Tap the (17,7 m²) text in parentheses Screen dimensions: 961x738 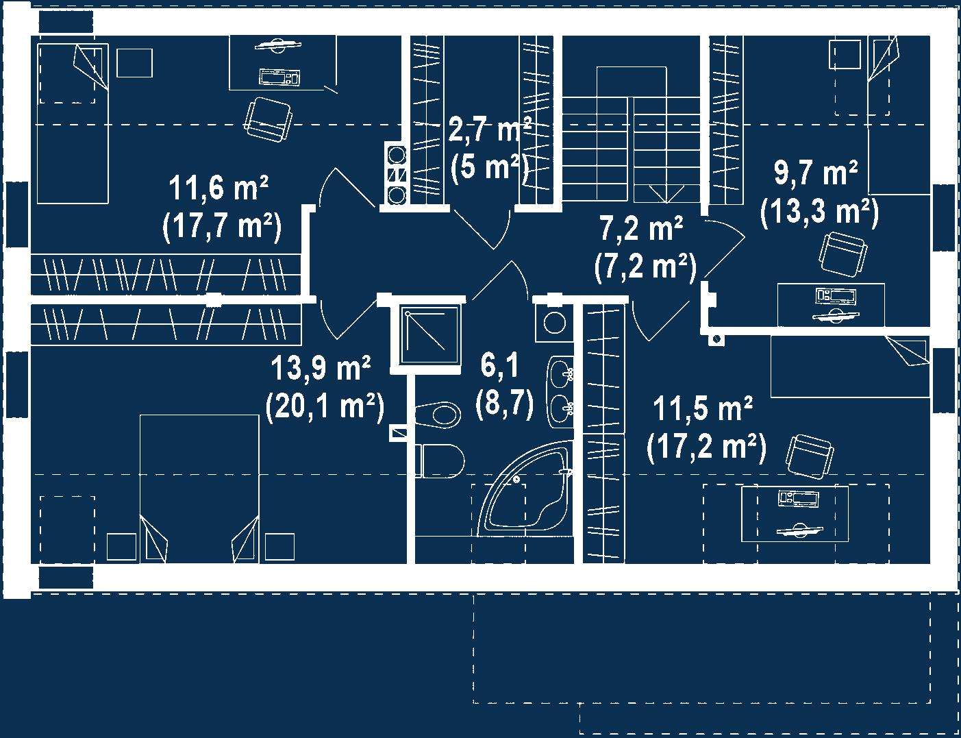point(222,227)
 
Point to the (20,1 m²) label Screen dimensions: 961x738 point(325,406)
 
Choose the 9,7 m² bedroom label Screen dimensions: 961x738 point(816,173)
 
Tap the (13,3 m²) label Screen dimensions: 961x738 point(819,213)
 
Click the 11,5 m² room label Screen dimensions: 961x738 point(703,409)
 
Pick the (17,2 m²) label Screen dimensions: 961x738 point(706,447)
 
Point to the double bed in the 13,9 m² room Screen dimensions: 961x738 point(199,489)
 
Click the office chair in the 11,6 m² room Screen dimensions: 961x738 point(269,120)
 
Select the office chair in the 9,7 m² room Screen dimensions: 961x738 point(843,254)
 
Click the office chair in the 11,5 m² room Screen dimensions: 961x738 point(810,456)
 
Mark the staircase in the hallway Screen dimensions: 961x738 point(632,135)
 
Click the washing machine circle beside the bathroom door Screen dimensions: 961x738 point(554,322)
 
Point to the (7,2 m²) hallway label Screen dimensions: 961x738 point(646,267)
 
